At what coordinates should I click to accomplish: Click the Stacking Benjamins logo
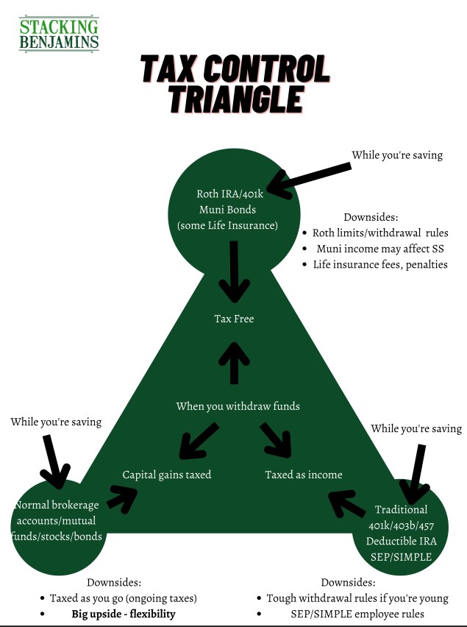[x=59, y=34]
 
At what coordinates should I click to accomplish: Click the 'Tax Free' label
[x=234, y=319]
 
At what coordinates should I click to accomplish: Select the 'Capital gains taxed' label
[x=167, y=475]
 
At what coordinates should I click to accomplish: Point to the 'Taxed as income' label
[x=304, y=475]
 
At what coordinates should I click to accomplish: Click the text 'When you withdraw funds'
[x=238, y=406]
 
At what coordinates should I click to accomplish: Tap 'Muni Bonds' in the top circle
[x=227, y=210]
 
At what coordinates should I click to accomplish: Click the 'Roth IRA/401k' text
[x=229, y=194]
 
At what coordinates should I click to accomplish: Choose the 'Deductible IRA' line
[x=401, y=541]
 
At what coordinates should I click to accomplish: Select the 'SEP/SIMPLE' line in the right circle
[x=401, y=557]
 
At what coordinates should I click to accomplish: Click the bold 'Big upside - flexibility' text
[x=124, y=614]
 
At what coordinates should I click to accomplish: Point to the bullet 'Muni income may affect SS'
[x=380, y=249]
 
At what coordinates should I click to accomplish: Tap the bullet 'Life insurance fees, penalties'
[x=380, y=265]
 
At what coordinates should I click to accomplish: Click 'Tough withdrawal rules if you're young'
[x=357, y=598]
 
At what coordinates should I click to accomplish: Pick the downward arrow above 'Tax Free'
[x=234, y=272]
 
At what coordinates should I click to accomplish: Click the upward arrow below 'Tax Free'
[x=234, y=363]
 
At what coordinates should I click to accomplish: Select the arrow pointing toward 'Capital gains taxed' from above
[x=199, y=441]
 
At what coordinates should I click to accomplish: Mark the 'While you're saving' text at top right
[x=397, y=155]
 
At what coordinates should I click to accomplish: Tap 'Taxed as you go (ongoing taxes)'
[x=123, y=598]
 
